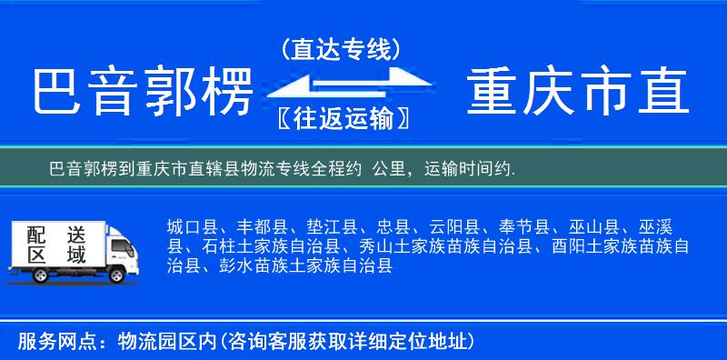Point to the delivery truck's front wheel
pyautogui.click(x=116, y=275)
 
